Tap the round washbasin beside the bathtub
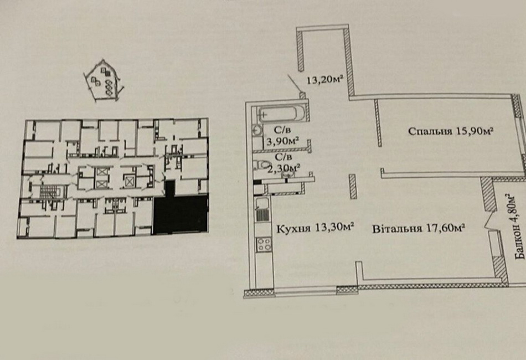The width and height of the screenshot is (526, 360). coord(257,130)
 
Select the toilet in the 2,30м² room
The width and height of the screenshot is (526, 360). coord(262,164)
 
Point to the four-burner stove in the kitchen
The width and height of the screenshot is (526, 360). coord(264,244)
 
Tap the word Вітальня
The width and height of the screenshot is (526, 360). coord(397,229)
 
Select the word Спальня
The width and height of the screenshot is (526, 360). coord(430,131)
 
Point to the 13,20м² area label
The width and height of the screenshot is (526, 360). coord(324,80)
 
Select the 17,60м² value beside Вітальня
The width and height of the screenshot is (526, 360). coord(445,229)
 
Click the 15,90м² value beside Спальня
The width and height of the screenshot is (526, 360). coord(474,131)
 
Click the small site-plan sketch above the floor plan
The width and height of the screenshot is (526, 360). coord(104,80)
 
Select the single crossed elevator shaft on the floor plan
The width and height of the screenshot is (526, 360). coord(129,182)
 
